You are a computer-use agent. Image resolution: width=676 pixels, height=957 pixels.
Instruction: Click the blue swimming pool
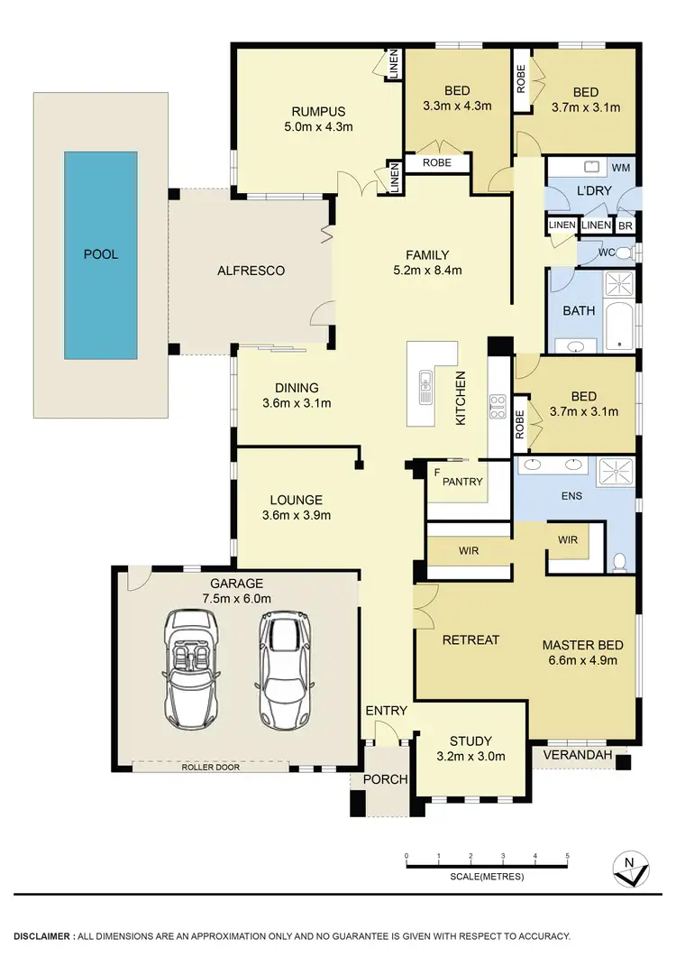click(x=100, y=254)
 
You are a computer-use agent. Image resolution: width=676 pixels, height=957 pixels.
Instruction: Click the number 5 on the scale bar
click(x=567, y=855)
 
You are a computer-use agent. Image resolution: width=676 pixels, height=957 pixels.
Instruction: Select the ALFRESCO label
click(x=251, y=271)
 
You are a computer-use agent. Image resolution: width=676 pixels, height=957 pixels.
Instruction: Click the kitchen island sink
click(x=424, y=389)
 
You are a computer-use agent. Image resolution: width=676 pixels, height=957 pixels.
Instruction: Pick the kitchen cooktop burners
click(x=496, y=408)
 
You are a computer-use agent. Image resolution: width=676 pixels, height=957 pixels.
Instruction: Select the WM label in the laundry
click(x=621, y=168)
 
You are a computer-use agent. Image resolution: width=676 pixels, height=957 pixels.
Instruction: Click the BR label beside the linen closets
click(x=625, y=225)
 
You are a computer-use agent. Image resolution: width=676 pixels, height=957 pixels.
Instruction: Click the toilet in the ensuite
click(x=618, y=563)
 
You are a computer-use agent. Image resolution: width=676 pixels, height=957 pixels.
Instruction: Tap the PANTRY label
click(x=462, y=482)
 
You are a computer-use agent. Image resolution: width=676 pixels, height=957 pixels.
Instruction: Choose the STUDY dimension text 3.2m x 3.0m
click(x=470, y=756)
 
